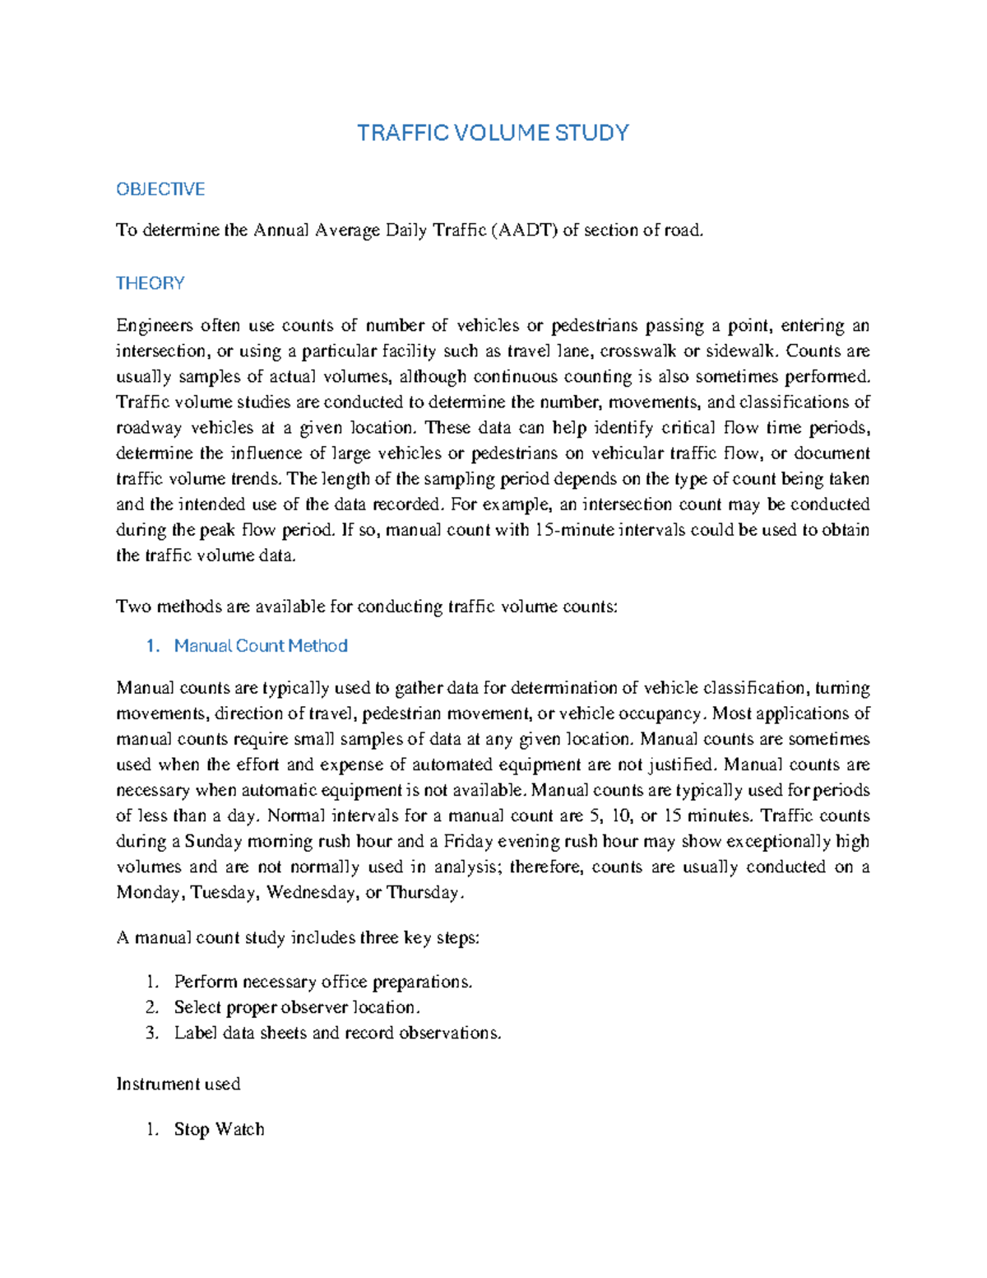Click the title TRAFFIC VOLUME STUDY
coord(493,133)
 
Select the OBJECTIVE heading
coord(160,189)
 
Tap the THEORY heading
coord(150,283)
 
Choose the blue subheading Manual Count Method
coord(261,646)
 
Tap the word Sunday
coord(214,841)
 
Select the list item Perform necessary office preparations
coord(323,982)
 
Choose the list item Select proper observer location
coord(297,1007)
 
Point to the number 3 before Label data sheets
coord(151,1033)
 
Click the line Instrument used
coord(178,1084)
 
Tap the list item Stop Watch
coord(219,1129)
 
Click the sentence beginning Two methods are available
coord(366,606)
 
